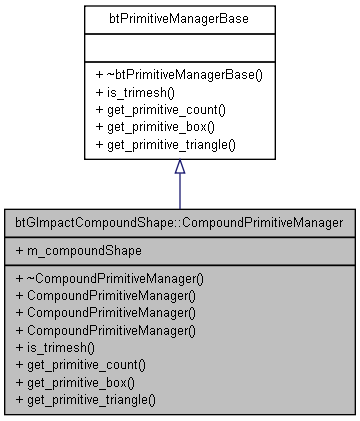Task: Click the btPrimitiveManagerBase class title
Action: coord(180,19)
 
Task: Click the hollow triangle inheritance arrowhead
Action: coord(180,167)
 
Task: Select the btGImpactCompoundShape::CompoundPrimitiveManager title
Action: coord(180,220)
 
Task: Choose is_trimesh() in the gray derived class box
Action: coord(60,348)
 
